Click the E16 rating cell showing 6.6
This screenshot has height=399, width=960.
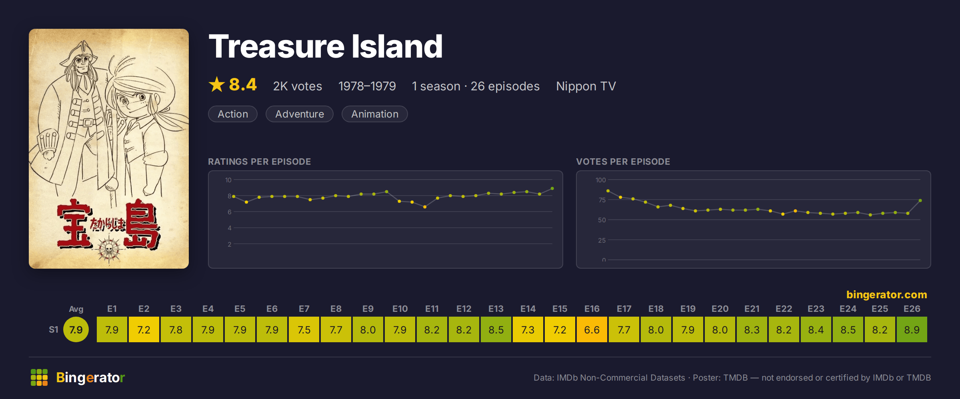592,329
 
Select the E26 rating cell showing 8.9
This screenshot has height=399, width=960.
912,329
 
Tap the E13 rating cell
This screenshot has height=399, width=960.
496,329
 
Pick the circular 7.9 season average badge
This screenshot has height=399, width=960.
76,329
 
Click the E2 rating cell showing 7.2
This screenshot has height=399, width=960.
144,329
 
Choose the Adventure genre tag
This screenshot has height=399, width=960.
300,114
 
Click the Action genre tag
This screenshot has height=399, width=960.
233,114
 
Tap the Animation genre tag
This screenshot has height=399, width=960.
375,114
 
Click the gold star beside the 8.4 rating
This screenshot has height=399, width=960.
217,84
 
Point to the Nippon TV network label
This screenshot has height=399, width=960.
586,86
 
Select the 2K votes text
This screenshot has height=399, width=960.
298,86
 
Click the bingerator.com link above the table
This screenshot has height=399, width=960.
887,295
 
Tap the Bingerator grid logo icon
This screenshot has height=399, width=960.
39,377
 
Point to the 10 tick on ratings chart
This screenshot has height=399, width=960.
228,180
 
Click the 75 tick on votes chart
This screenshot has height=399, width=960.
602,200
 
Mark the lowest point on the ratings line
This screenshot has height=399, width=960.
425,207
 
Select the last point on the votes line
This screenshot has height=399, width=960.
920,200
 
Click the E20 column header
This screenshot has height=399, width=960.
720,309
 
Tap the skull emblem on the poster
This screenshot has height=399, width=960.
108,249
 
